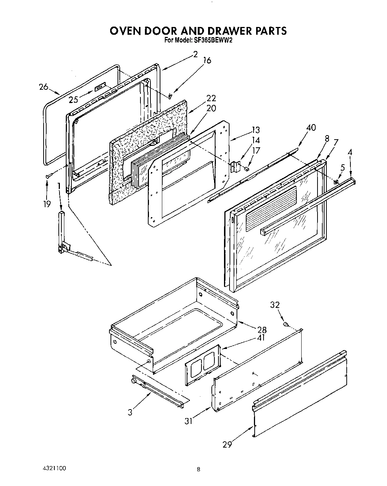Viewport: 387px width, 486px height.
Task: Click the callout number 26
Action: [44, 87]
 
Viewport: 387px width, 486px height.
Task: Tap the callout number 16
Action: [207, 61]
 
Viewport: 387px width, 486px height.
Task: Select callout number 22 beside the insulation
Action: [211, 98]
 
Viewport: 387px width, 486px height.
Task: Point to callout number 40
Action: [311, 127]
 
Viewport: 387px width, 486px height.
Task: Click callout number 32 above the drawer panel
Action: [275, 305]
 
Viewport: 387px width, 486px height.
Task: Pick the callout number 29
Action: [227, 445]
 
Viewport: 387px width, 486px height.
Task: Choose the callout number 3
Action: [130, 413]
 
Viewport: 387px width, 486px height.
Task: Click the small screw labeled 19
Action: [48, 177]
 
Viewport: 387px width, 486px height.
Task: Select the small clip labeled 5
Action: [336, 182]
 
